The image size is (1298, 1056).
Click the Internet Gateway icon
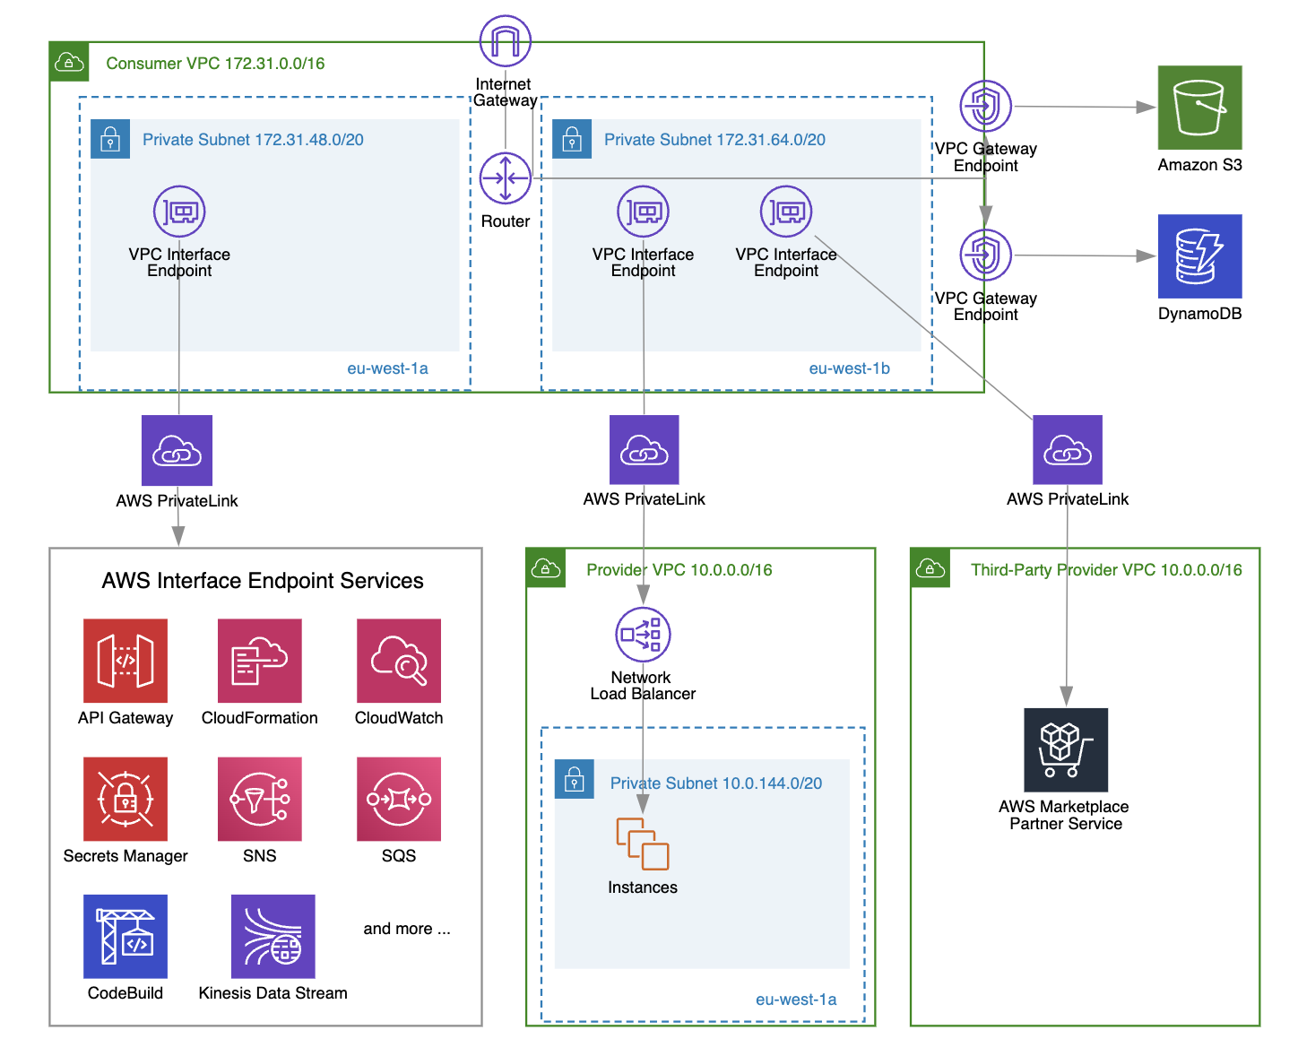click(x=505, y=41)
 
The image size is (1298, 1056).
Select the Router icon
click(x=505, y=178)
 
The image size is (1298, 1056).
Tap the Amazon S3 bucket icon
click(x=1199, y=108)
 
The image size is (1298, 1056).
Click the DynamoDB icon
click(x=1199, y=256)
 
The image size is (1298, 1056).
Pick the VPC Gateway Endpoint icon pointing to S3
click(x=985, y=107)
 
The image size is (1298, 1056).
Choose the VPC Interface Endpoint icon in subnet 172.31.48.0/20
click(x=179, y=212)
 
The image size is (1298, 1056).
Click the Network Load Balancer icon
click(x=643, y=635)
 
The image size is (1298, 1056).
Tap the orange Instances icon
click(x=643, y=844)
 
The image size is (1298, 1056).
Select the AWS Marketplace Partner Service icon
click(x=1066, y=750)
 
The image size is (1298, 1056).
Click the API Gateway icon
click(x=125, y=661)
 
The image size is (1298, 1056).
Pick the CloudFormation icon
click(x=260, y=661)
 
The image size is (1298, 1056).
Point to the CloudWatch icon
click(x=399, y=661)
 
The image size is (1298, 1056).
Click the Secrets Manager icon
click(x=125, y=799)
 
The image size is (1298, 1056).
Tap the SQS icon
click(x=399, y=799)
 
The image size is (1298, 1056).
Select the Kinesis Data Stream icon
click(x=273, y=937)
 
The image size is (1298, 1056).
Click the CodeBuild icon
click(x=125, y=937)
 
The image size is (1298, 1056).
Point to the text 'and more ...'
click(x=407, y=929)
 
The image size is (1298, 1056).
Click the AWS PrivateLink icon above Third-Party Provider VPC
click(x=1067, y=450)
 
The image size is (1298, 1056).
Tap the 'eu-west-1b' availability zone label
click(x=849, y=368)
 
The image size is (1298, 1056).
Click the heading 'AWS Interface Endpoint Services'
click(x=263, y=581)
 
